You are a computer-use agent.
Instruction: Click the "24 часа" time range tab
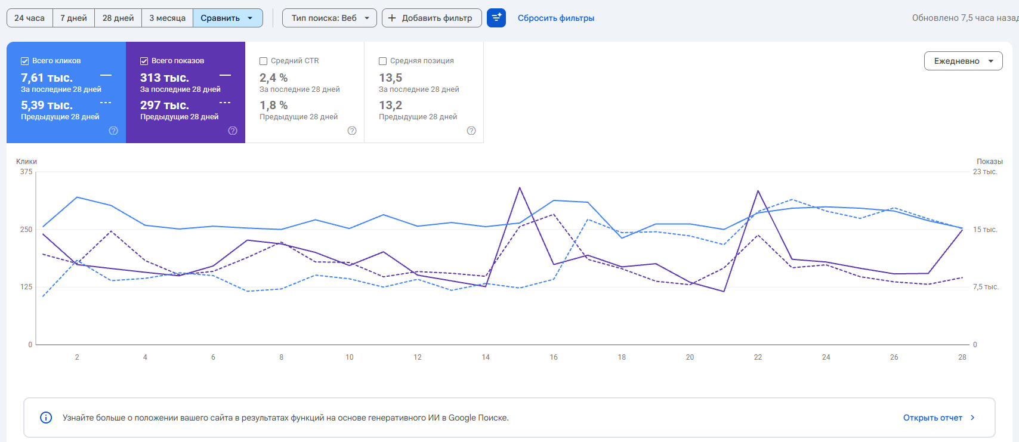click(30, 18)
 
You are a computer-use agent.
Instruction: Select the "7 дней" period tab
click(74, 18)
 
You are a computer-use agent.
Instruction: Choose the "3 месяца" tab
click(168, 18)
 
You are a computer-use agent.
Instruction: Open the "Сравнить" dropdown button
click(228, 18)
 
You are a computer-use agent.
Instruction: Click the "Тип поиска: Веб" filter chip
click(329, 18)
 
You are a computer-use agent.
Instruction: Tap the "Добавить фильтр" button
click(432, 18)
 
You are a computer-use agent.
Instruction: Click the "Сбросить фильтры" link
click(556, 18)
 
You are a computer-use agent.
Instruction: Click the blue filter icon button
click(496, 18)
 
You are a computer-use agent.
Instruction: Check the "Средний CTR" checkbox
click(263, 61)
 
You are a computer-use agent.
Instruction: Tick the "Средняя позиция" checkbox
click(382, 61)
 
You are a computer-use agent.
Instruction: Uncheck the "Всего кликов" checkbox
click(24, 61)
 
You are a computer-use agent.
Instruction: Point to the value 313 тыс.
click(164, 78)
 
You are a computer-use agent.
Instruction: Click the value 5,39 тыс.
click(47, 105)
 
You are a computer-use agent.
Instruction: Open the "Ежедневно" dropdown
click(963, 61)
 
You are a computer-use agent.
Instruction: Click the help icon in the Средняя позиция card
click(471, 131)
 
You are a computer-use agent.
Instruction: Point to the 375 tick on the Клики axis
click(26, 172)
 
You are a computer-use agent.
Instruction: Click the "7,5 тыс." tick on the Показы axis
click(986, 287)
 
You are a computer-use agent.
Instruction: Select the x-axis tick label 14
click(486, 357)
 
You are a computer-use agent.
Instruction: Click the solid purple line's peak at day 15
click(520, 187)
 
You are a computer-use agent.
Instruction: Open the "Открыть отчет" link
click(932, 418)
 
